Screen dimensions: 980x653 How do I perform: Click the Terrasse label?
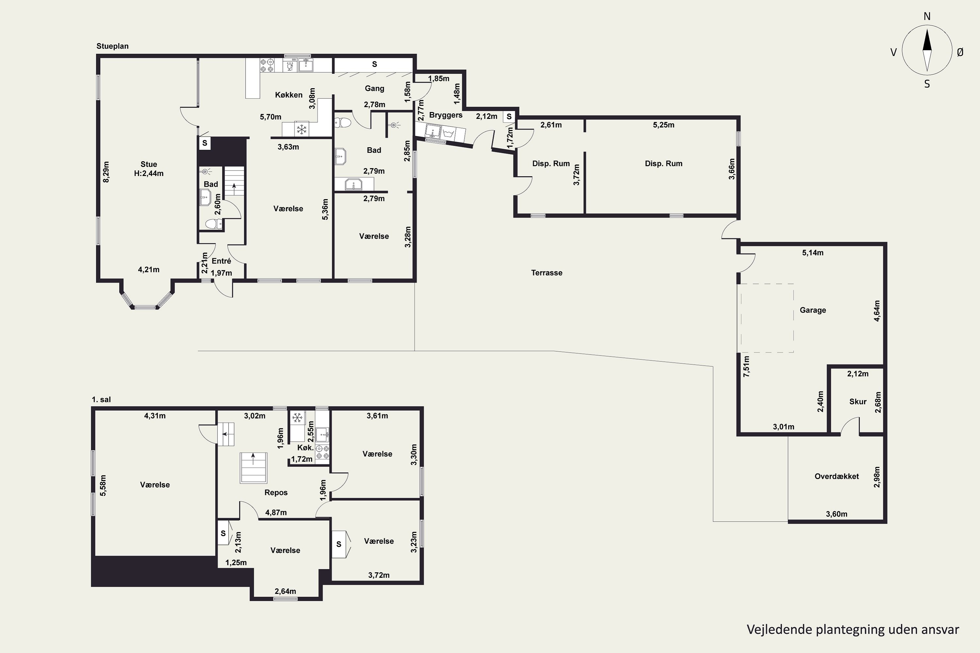[547, 273]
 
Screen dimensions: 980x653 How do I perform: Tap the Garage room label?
[812, 310]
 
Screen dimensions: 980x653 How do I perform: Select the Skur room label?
[858, 402]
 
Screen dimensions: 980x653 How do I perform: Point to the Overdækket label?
[837, 476]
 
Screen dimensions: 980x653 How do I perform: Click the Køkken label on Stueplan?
[289, 95]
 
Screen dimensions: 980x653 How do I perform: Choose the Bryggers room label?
[446, 115]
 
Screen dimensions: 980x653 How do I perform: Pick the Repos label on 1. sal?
[276, 493]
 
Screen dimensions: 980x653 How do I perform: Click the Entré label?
[221, 261]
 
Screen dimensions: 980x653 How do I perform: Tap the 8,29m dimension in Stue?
[106, 172]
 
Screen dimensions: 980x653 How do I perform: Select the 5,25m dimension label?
[663, 125]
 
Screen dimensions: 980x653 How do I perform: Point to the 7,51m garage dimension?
[746, 366]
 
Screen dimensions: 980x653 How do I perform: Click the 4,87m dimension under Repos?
[276, 513]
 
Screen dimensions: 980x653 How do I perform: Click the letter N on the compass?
[927, 16]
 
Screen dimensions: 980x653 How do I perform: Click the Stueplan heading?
[112, 46]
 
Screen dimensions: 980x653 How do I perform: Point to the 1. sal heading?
[101, 399]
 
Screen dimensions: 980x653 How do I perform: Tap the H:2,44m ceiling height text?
[149, 173]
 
